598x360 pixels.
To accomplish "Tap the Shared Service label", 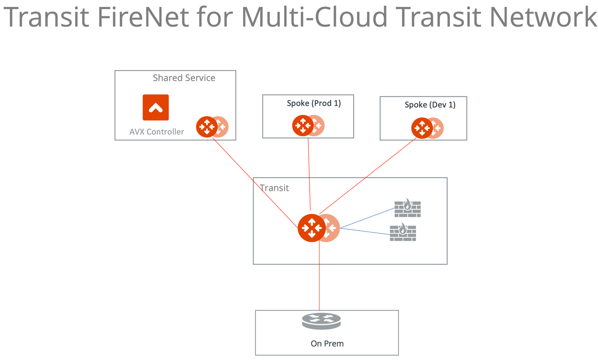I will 184,78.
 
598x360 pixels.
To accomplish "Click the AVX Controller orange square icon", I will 155,107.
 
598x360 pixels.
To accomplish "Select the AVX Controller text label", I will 157,132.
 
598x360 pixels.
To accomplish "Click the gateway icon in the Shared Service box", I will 208,126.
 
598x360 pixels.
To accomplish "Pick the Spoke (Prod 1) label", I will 314,103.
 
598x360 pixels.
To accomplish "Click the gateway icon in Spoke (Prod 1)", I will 303,126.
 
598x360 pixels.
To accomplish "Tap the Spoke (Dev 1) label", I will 430,105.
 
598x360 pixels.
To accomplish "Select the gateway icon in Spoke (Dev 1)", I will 422,128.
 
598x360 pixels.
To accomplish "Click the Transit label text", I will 274,187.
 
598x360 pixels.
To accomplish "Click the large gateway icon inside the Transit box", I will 312,228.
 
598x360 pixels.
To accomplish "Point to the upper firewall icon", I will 407,207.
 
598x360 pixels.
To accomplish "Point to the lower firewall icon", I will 403,232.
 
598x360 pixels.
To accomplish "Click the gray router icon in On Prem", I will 321,321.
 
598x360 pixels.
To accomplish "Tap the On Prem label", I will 327,343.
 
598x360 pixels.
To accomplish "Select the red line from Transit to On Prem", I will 320,282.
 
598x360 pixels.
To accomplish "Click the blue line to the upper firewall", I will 367,218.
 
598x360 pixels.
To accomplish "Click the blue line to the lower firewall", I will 365,231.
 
